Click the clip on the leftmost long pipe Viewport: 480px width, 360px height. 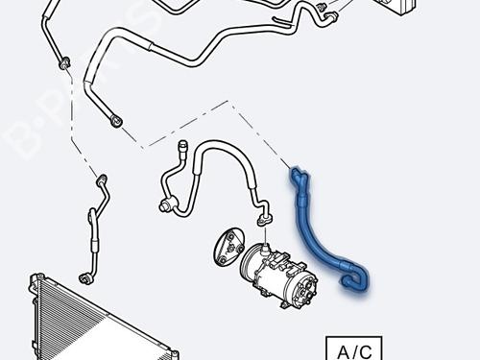(63, 62)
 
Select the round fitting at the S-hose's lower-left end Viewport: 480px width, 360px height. (164, 203)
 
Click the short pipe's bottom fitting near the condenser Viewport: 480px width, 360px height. (85, 276)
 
